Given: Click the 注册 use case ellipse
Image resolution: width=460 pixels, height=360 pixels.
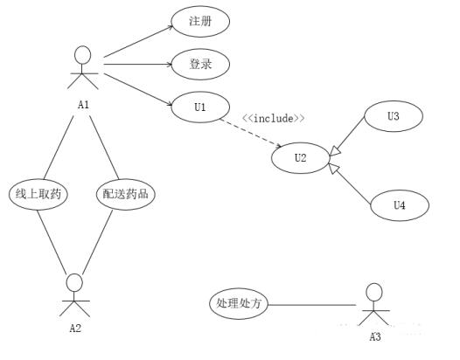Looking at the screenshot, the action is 200,21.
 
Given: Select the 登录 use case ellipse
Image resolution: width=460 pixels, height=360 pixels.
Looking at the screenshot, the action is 200,64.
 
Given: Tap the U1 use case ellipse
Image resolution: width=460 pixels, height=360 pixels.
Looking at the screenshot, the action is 200,107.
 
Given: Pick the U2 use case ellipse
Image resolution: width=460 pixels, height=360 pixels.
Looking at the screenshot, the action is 301,158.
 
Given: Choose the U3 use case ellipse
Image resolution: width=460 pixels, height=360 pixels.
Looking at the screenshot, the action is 394,116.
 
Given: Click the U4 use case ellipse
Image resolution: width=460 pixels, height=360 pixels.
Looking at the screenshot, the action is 400,205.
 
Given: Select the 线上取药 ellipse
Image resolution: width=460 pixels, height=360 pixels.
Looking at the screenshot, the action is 38,194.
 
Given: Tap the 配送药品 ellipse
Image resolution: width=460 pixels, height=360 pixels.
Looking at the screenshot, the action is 126,194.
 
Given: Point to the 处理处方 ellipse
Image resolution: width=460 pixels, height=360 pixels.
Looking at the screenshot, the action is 239,303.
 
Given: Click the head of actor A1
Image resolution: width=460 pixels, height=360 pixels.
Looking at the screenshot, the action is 83,55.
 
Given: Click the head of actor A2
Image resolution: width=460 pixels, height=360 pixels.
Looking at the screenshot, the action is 74,282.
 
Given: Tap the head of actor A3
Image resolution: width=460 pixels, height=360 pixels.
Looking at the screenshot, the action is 374,292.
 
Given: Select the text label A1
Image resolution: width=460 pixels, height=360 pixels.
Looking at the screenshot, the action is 84,105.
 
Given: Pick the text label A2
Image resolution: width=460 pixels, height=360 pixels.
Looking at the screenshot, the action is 75,329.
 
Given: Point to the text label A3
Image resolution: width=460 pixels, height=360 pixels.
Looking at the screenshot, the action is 375,337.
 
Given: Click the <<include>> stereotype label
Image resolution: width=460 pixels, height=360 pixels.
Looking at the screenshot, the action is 274,119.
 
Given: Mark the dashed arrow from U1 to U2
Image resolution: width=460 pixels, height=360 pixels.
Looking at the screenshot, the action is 251,133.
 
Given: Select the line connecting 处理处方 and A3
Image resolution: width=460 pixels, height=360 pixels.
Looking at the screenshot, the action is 312,305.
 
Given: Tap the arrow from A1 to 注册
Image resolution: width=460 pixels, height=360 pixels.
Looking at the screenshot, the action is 138,41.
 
